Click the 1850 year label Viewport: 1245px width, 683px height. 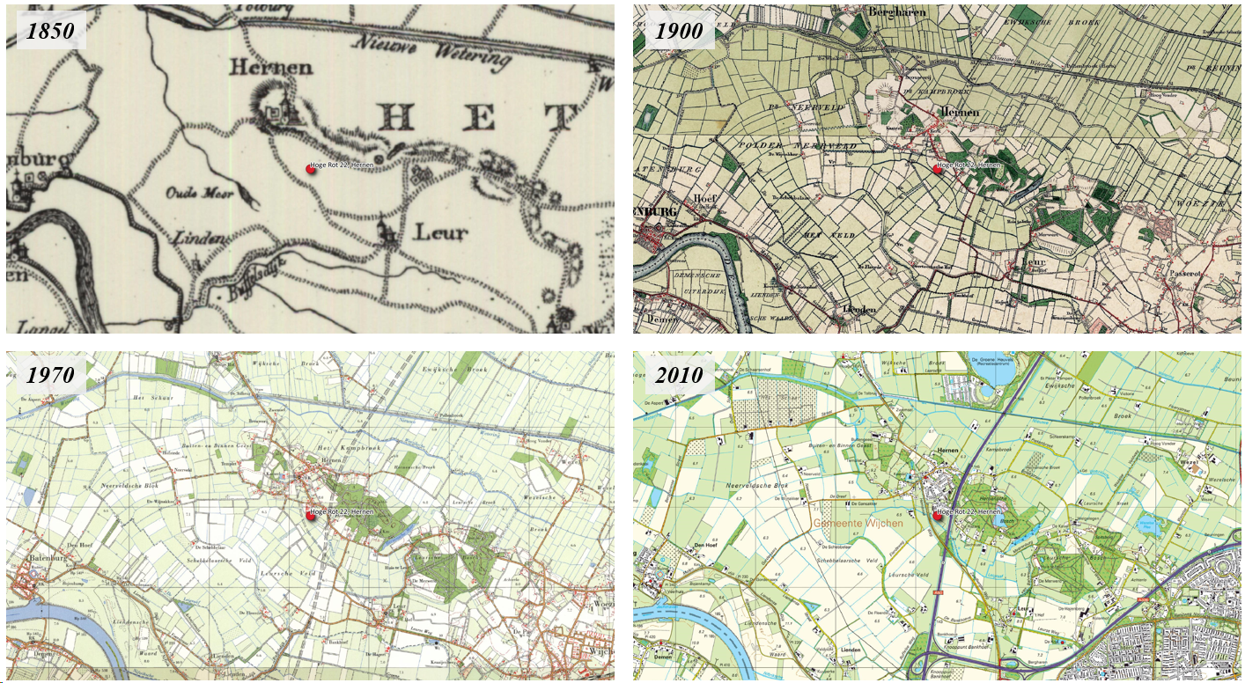click(x=50, y=32)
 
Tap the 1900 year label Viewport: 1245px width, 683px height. click(x=678, y=32)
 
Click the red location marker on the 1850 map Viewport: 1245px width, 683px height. click(x=310, y=169)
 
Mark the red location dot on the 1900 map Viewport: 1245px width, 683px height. click(x=937, y=170)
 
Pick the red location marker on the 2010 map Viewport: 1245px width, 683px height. click(x=937, y=516)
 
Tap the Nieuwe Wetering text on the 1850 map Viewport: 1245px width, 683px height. click(x=431, y=51)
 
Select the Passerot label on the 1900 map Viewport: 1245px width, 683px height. click(x=1184, y=274)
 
